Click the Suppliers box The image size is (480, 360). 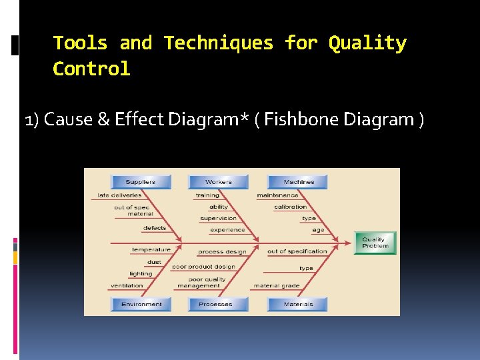tap(140, 182)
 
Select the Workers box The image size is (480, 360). tap(218, 182)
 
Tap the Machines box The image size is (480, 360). tap(298, 182)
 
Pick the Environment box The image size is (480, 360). tap(141, 304)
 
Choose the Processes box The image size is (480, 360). tap(215, 304)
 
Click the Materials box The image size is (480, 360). tap(297, 304)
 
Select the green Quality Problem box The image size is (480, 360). tap(374, 243)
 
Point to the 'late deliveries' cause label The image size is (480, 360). tap(120, 195)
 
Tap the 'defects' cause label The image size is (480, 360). tap(155, 228)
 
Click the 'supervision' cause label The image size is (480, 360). tap(218, 218)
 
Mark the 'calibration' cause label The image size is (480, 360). tap(291, 207)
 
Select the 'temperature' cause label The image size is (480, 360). tap(151, 250)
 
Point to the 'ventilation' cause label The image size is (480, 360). tap(127, 285)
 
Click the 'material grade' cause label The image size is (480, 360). tap(276, 285)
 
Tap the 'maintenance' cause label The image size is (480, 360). tap(277, 195)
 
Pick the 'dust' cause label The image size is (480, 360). tap(155, 262)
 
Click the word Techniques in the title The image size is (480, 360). tap(218, 43)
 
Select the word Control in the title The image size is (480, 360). tap(91, 69)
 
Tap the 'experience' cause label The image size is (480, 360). tap(227, 230)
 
